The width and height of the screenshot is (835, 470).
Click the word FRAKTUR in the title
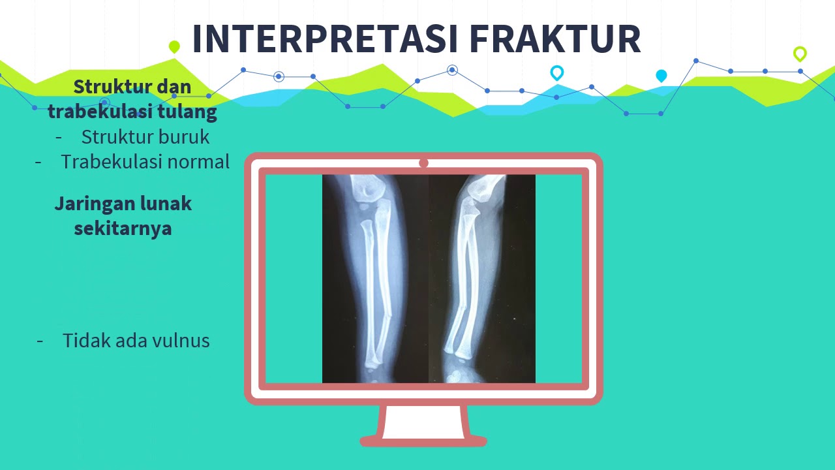tap(555, 39)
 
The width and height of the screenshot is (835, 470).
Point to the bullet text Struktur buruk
tap(145, 136)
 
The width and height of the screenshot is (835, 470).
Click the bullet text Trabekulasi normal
tap(145, 161)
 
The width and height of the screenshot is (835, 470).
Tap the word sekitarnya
tap(123, 228)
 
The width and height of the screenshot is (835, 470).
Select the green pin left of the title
tap(174, 46)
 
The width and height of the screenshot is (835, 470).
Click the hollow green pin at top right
tap(800, 54)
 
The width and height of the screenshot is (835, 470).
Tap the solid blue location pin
tap(661, 76)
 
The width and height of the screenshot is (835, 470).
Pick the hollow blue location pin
tap(556, 72)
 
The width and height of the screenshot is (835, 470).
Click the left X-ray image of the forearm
tap(374, 278)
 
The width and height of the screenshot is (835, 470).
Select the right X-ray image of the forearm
tap(482, 278)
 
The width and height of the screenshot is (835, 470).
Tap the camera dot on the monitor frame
tap(423, 163)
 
